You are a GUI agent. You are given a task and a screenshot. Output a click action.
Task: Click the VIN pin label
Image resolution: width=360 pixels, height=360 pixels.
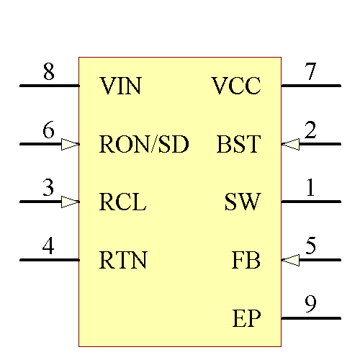pos(120,87)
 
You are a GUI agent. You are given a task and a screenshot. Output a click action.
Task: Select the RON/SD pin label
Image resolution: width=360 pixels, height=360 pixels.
pos(144,145)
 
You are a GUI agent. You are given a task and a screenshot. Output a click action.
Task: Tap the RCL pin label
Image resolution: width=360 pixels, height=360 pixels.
pos(122,202)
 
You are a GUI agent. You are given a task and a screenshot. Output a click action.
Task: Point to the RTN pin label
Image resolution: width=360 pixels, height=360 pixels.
pos(123,260)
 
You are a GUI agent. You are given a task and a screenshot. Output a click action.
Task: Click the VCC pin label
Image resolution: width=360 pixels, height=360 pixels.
pos(236,87)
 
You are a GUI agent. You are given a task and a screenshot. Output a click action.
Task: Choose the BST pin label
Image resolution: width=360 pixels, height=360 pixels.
pos(238,145)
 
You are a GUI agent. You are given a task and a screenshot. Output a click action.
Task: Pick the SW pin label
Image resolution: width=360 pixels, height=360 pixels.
pos(243,202)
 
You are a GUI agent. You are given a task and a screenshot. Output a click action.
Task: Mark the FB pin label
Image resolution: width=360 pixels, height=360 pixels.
pos(246,260)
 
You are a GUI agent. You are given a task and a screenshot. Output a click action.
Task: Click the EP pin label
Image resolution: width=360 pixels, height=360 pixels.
pos(247,318)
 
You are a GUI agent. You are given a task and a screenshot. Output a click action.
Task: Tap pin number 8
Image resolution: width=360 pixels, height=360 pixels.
pos(48,73)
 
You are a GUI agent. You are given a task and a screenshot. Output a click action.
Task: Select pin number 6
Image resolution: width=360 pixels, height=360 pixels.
pos(48,130)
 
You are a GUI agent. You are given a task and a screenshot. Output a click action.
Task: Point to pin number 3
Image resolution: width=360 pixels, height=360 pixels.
pos(48,188)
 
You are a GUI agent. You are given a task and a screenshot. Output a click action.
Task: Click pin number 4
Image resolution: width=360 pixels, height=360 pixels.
pos(48,246)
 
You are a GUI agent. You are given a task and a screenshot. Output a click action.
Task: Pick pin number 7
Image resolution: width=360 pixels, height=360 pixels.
pos(310,73)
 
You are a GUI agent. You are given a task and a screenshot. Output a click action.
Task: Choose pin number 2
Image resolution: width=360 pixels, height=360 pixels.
pos(310,130)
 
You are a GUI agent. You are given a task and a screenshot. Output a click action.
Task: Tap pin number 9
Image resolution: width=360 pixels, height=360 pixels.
pos(310,305)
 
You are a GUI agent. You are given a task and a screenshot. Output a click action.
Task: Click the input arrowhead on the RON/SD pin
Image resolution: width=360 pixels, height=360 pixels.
pos(70,144)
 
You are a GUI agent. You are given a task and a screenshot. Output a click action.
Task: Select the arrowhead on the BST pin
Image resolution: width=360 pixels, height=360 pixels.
pos(290,144)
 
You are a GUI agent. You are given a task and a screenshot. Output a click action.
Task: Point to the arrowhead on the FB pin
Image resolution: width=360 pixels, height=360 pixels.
pos(290,259)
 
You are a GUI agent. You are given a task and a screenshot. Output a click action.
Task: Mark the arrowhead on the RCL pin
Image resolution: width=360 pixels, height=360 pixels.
pos(70,202)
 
